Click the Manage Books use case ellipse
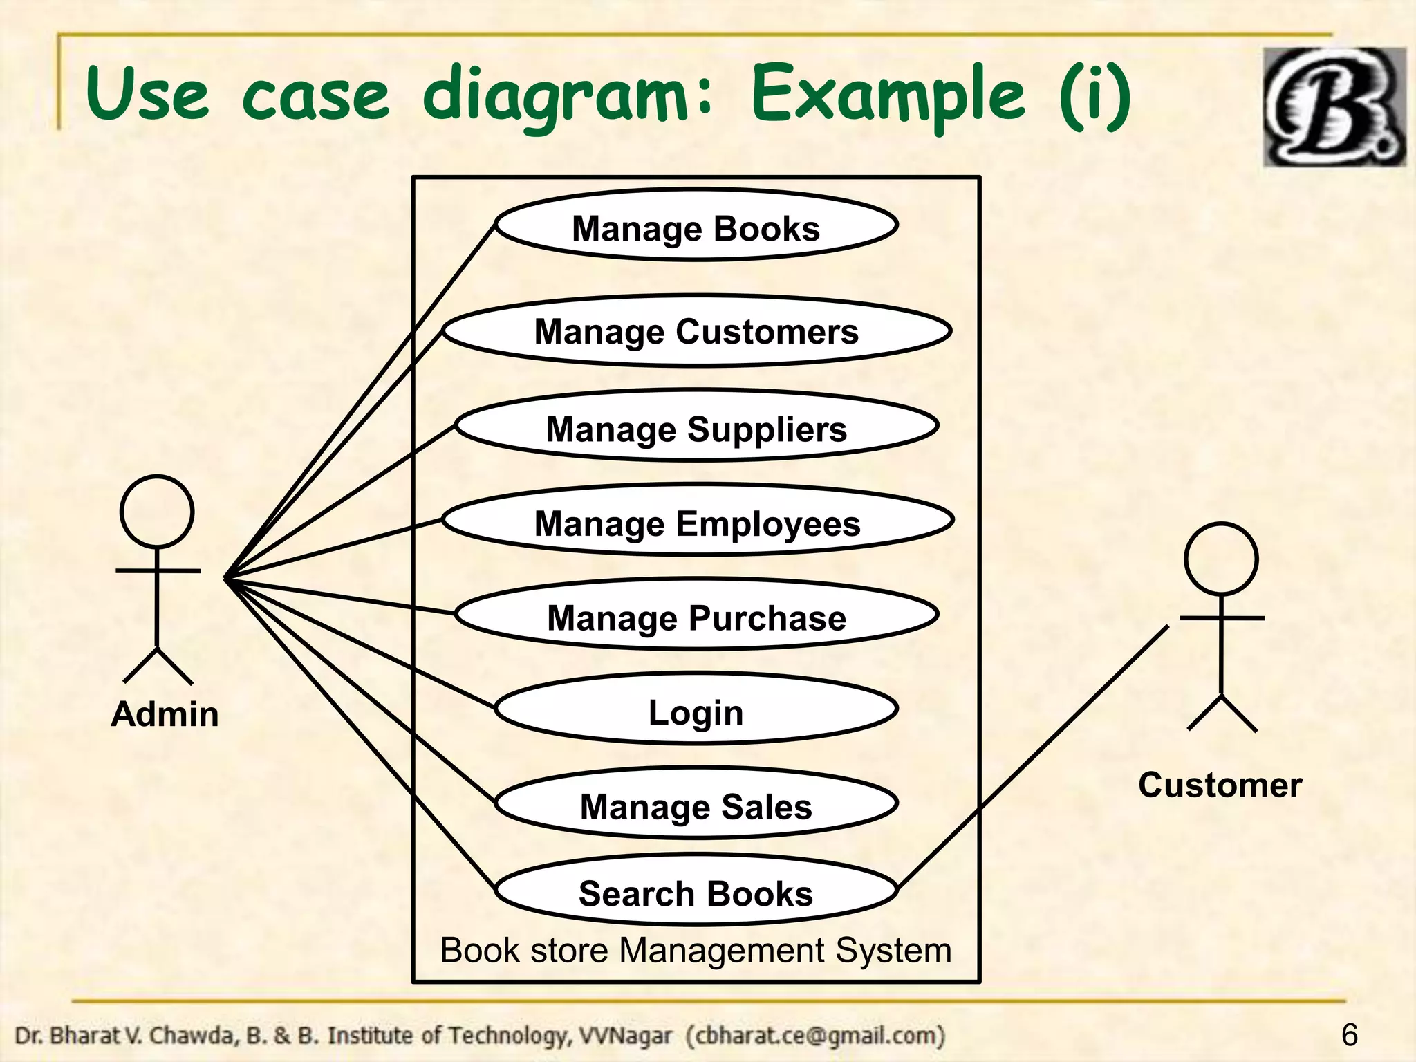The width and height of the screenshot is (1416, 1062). coord(696,226)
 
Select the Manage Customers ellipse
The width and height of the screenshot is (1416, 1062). coord(696,331)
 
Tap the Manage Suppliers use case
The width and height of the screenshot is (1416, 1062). coord(696,427)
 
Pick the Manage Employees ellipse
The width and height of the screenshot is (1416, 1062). coord(698,521)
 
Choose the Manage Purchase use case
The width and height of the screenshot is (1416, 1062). coord(696,616)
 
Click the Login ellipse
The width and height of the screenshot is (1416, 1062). coord(696,710)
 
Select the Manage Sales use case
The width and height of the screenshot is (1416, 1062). coord(696,805)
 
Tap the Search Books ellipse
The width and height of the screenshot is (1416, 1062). coord(696,892)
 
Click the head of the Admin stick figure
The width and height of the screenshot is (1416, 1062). coord(157,512)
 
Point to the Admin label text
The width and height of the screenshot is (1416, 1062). coord(165,714)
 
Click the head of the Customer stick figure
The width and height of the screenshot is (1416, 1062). coord(1221,559)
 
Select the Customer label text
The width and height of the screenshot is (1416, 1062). coord(1220,785)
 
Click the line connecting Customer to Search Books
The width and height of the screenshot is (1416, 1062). coord(1037,754)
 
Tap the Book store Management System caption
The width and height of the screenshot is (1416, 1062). coord(696,950)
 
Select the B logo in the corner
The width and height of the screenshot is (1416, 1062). coord(1334,107)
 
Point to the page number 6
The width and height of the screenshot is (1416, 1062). coord(1349,1035)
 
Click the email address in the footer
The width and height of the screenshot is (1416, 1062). coord(816,1036)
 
